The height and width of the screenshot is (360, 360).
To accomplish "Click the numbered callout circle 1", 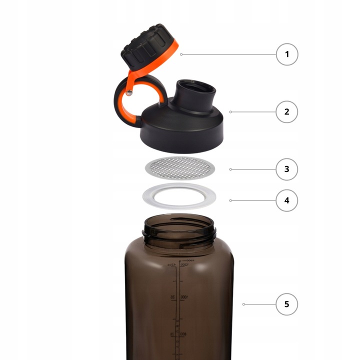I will [287, 54].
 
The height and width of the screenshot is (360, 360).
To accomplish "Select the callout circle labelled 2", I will [287, 112].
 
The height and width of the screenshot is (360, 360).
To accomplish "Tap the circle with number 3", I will [287, 169].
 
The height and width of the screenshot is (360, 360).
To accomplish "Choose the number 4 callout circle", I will [287, 200].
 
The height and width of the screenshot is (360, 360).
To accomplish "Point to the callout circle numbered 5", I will [287, 304].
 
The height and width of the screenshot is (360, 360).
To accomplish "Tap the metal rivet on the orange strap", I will [129, 92].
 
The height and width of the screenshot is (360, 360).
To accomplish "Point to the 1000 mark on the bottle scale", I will [184, 297].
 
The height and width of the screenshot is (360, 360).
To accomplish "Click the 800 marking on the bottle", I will [184, 334].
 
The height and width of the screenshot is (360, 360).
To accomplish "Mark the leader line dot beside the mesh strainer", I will [230, 169].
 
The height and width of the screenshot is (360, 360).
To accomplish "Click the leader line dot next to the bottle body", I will [243, 304].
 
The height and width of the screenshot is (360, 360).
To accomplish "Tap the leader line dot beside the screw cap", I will [181, 54].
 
